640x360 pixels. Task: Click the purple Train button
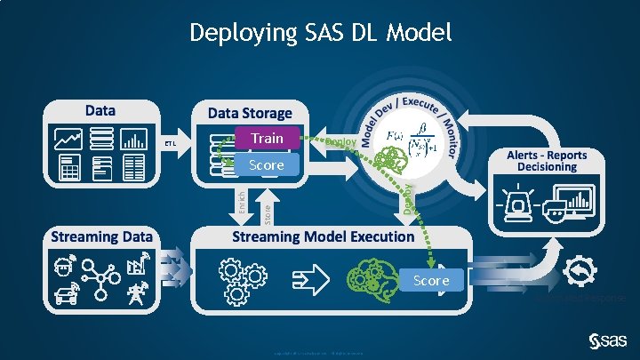(267, 139)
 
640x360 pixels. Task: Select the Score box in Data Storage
(267, 165)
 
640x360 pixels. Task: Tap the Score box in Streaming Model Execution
(431, 281)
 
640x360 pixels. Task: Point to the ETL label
(170, 144)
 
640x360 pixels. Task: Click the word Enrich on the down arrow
(240, 200)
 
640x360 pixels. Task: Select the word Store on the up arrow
(268, 213)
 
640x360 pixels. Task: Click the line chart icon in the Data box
(68, 140)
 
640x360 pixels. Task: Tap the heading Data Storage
(250, 113)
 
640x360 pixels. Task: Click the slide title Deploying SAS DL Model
(320, 34)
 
